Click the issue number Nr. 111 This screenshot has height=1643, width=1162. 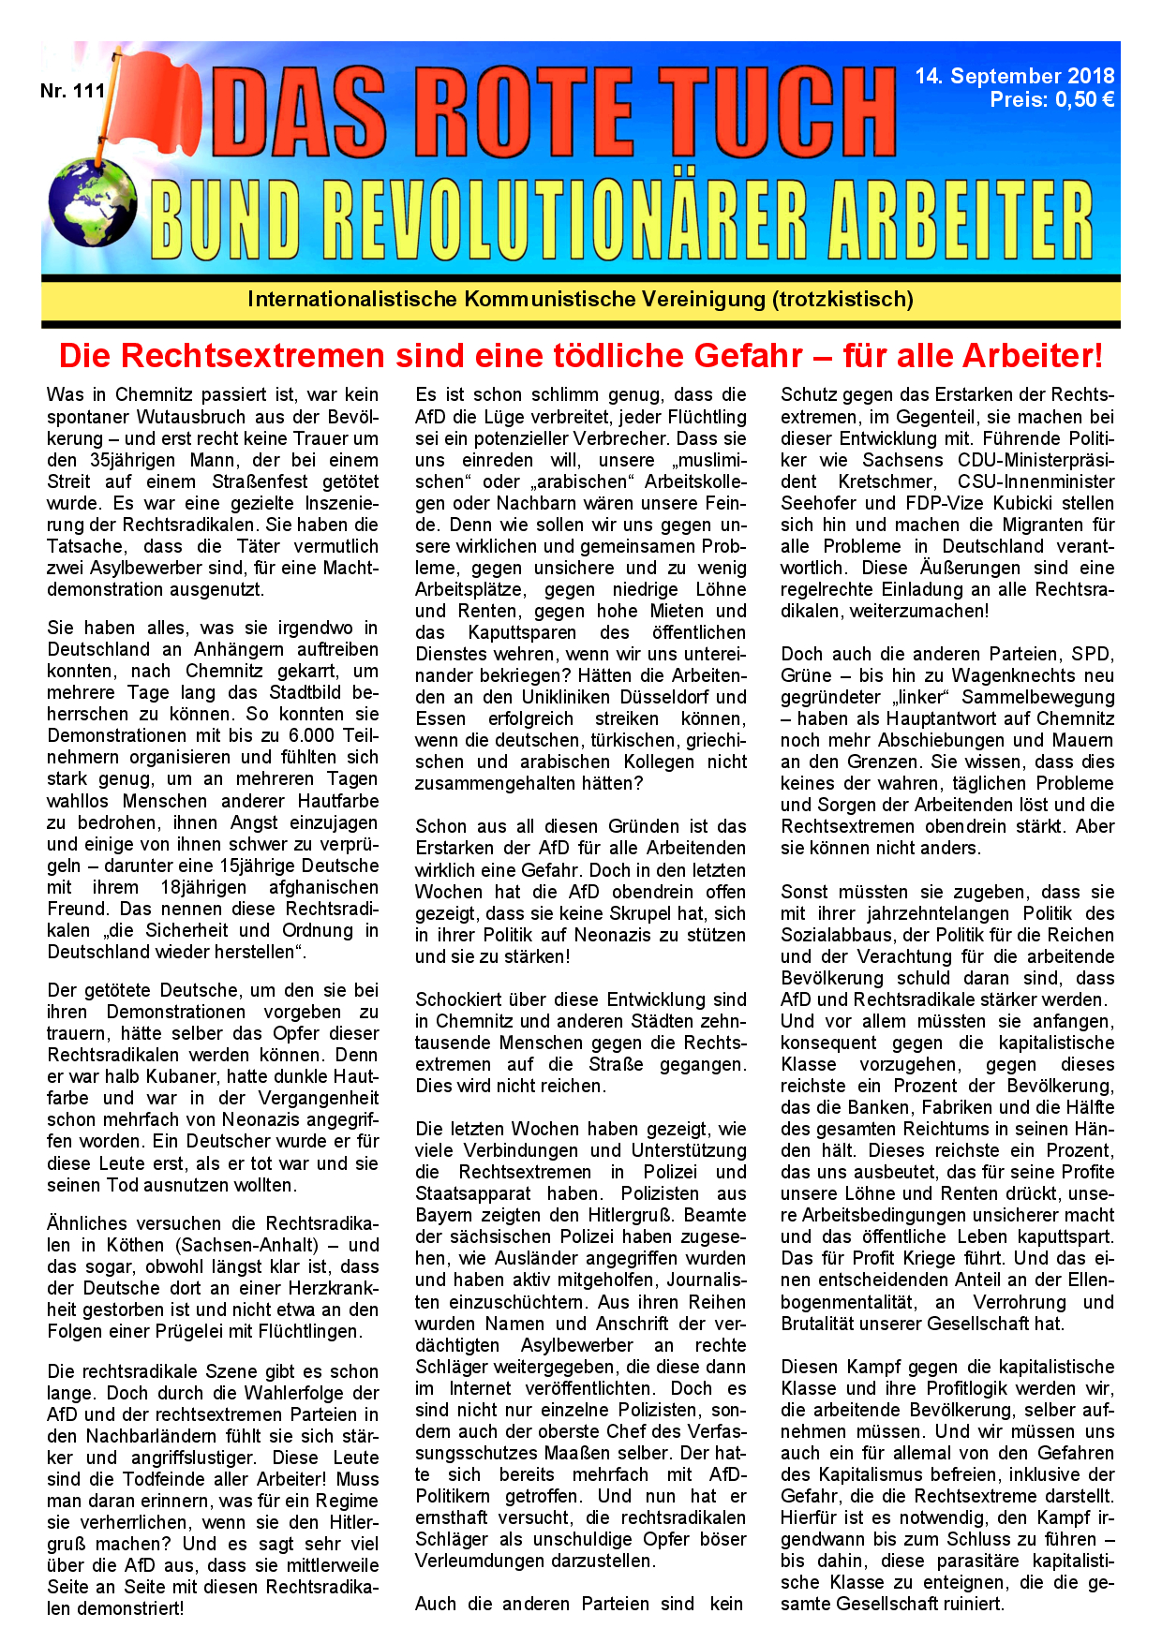[72, 91]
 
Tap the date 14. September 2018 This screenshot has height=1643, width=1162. [1015, 76]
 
